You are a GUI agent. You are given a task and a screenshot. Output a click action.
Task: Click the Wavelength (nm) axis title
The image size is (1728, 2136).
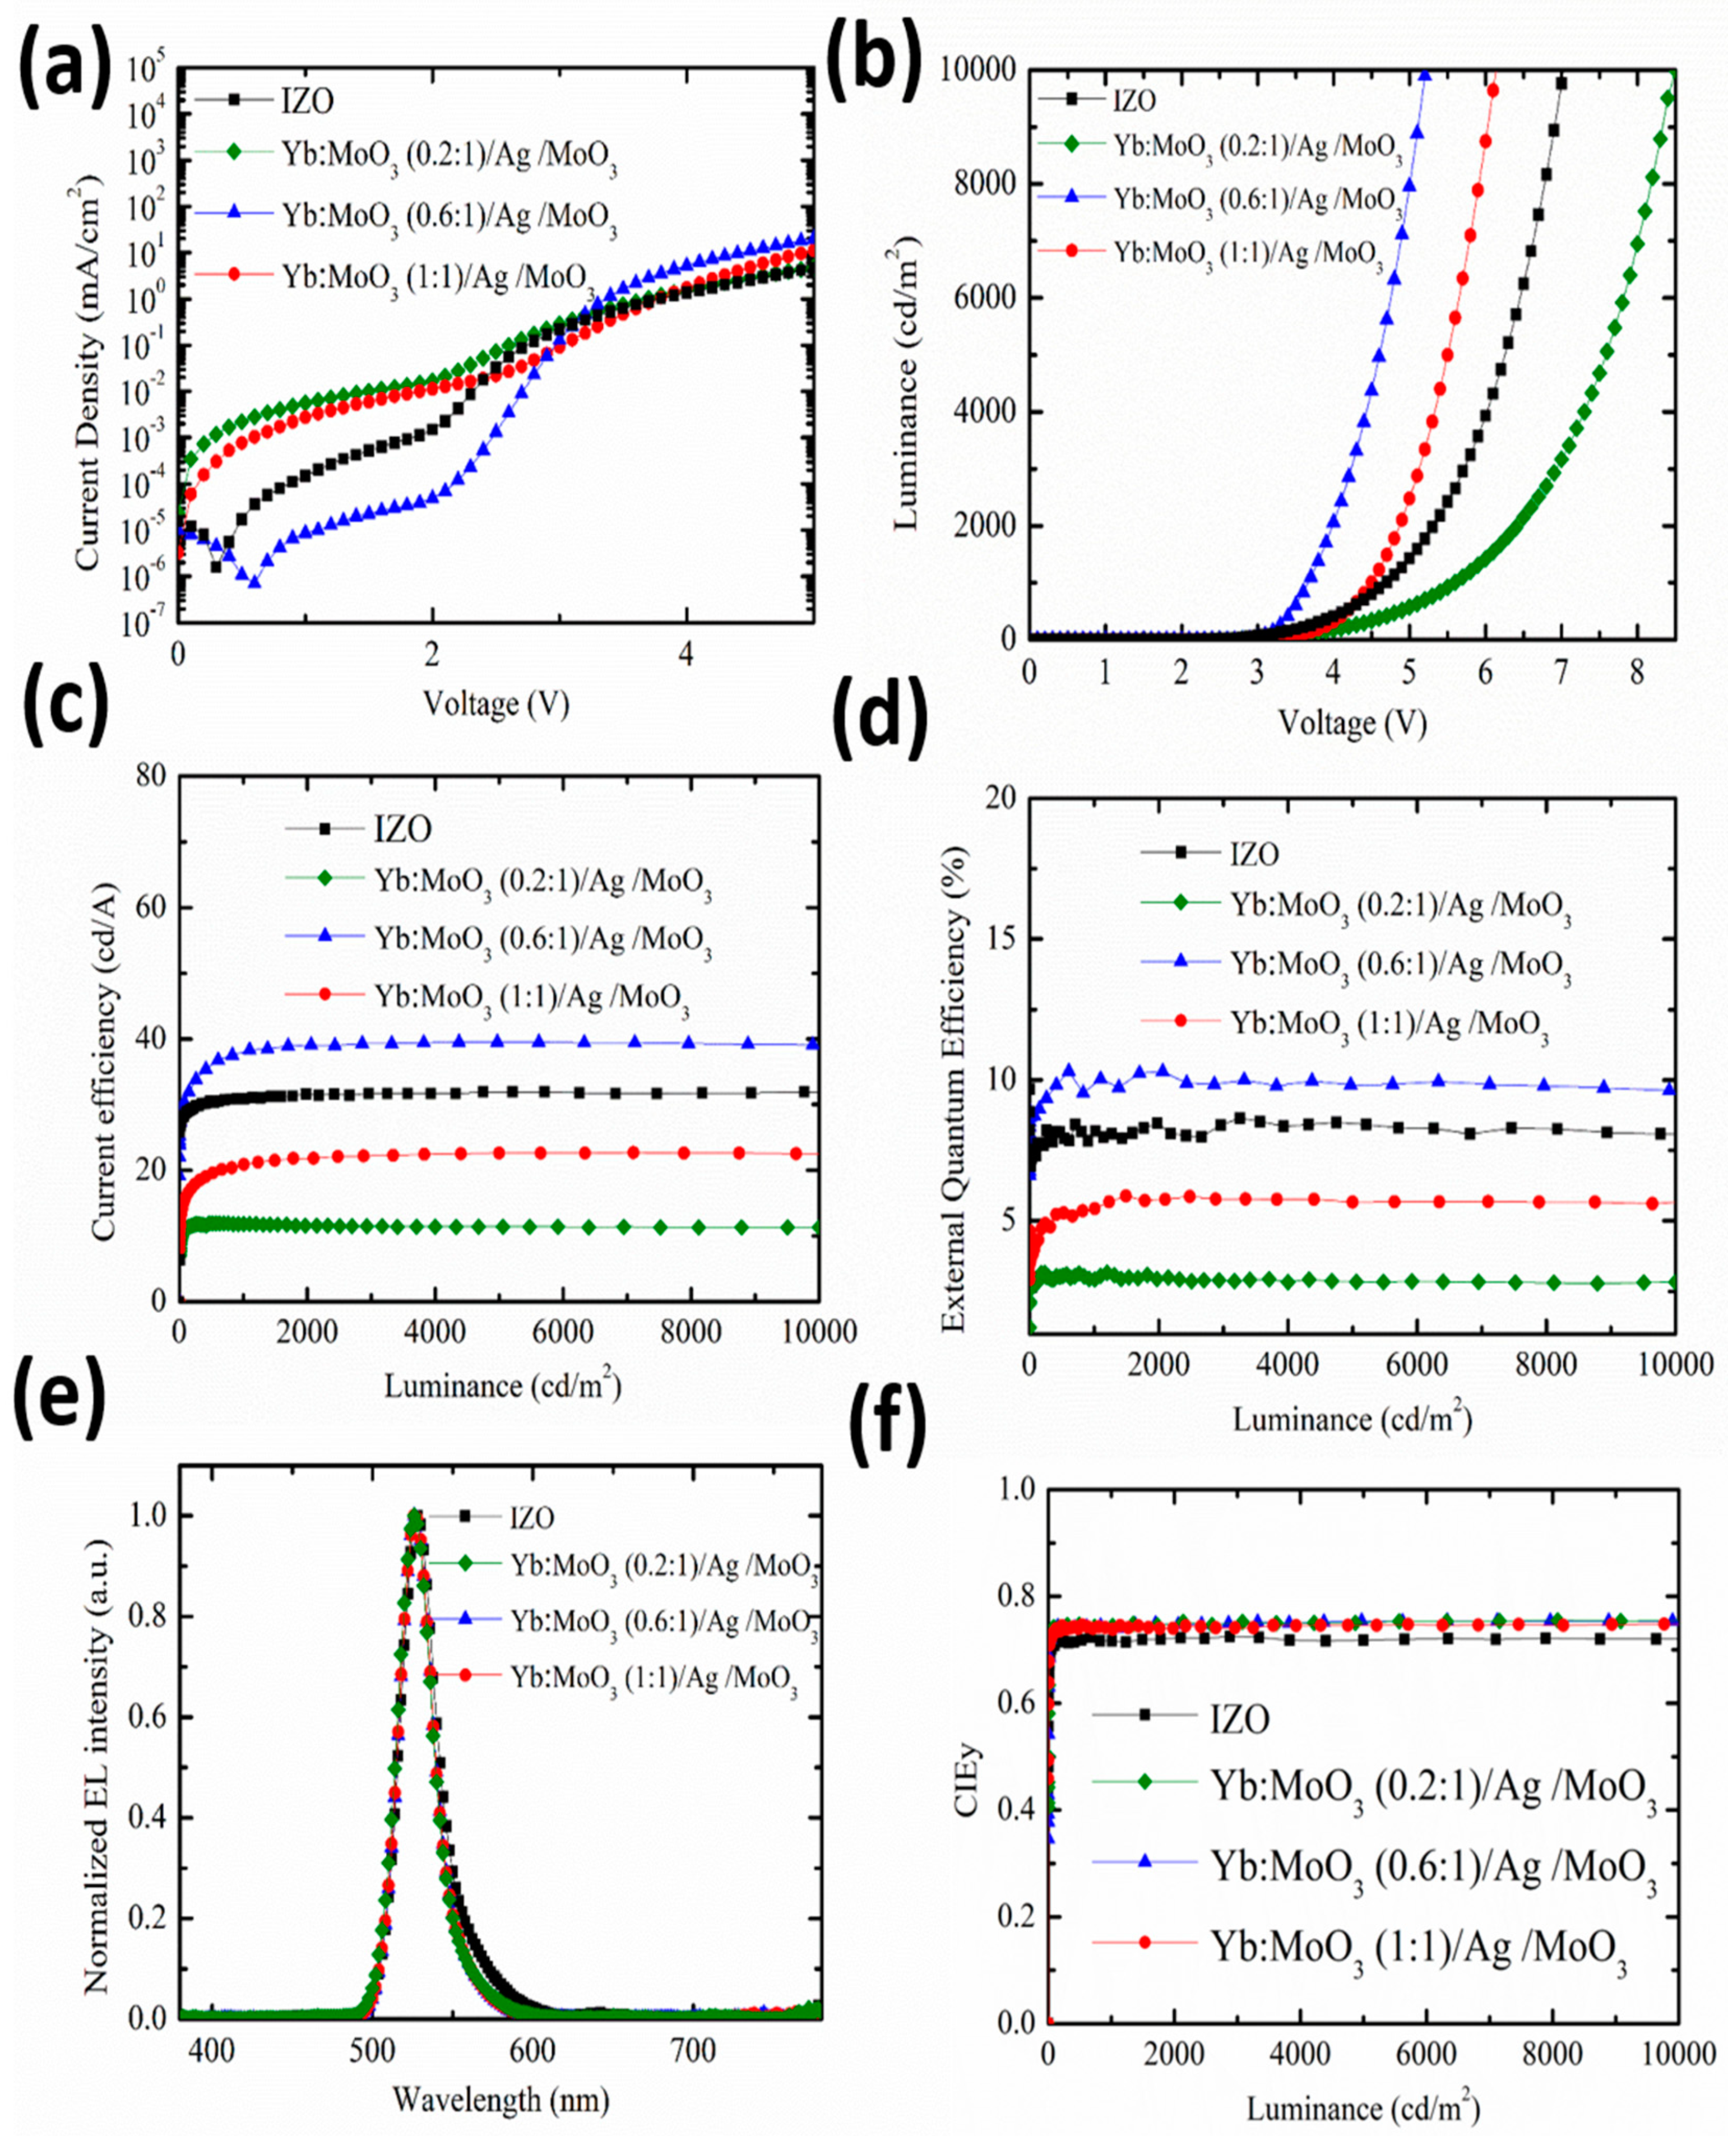coord(500,2099)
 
